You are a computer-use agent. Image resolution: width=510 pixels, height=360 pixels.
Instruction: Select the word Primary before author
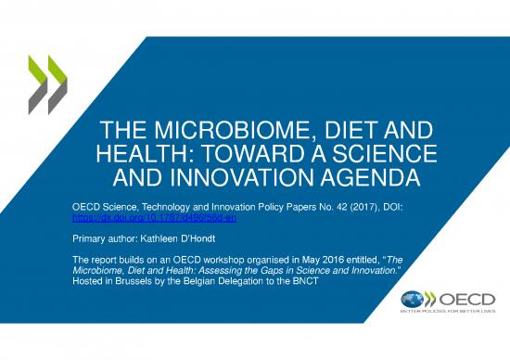point(90,238)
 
